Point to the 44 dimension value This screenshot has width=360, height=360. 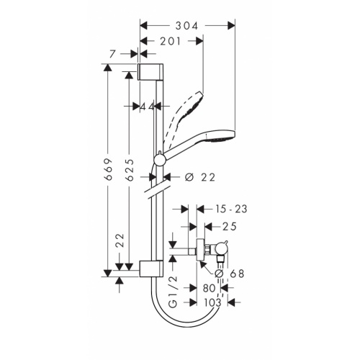(x=148, y=106)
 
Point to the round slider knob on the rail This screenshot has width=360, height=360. (x=159, y=158)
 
